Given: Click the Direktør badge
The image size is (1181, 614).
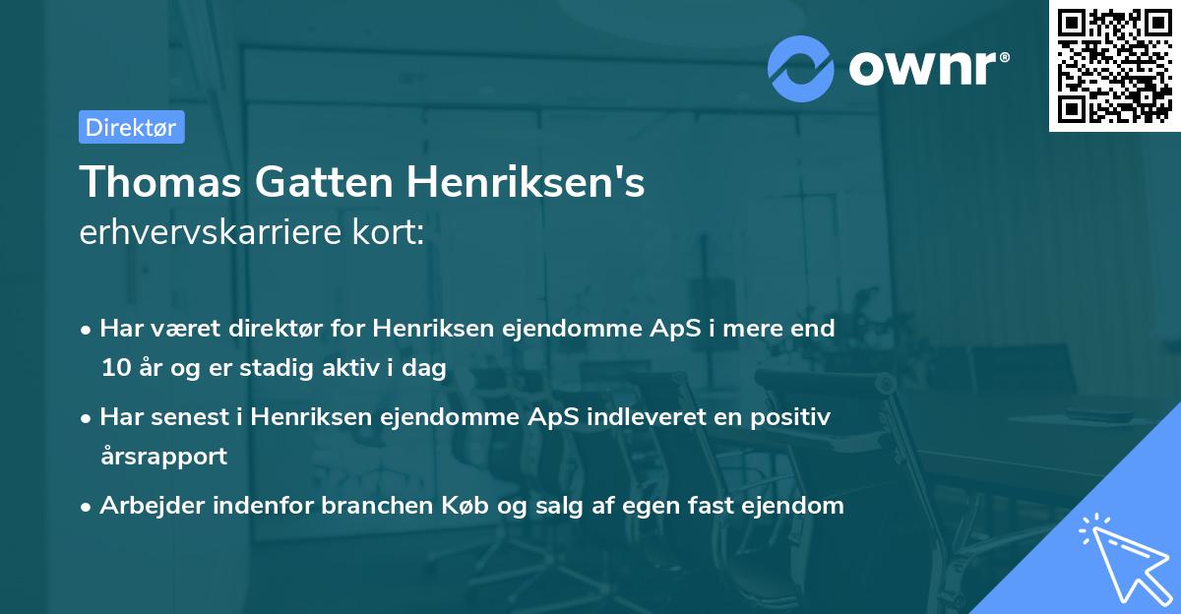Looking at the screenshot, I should (131, 127).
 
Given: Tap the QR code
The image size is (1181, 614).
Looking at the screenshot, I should (1114, 65).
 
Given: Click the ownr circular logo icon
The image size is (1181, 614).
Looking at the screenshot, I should (801, 68).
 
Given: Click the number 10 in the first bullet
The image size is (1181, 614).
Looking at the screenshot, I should (114, 369).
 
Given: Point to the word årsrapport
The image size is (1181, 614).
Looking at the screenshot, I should (163, 457).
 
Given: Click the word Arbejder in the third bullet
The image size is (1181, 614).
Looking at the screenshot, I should (146, 506).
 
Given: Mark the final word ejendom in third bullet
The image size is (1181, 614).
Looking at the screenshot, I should (797, 506).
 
